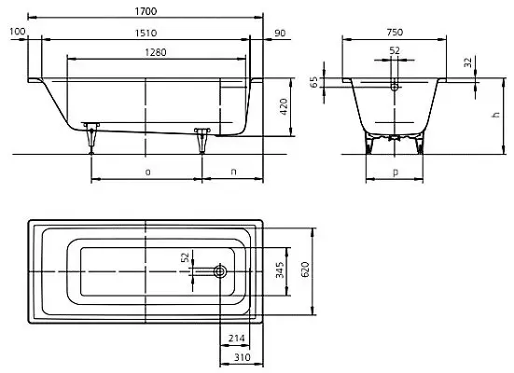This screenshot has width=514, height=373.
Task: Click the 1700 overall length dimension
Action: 146,11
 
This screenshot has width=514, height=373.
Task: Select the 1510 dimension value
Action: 146,34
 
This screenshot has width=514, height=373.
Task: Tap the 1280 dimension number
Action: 156,52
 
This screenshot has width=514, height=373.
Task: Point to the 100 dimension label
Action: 17,32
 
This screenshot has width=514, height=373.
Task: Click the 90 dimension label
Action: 280,34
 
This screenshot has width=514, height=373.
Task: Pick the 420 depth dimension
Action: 284,106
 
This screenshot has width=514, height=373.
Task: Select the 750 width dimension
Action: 395,32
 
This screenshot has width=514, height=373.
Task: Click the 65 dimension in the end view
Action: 314,82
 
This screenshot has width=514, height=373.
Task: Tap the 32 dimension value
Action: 469,62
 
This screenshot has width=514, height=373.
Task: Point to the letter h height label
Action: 496,115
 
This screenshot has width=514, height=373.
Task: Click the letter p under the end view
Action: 396,173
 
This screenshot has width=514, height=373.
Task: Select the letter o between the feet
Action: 147,172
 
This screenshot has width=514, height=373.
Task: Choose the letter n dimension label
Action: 233,172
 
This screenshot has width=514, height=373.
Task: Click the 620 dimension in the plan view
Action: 305,269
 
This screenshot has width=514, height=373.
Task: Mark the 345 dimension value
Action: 280,269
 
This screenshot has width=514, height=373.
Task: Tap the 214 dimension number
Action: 236,338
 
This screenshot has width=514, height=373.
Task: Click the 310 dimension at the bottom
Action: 243,357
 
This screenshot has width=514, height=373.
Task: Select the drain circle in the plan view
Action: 220,271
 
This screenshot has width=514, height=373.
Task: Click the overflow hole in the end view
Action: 395,87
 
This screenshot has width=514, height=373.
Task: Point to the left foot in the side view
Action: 91,137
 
